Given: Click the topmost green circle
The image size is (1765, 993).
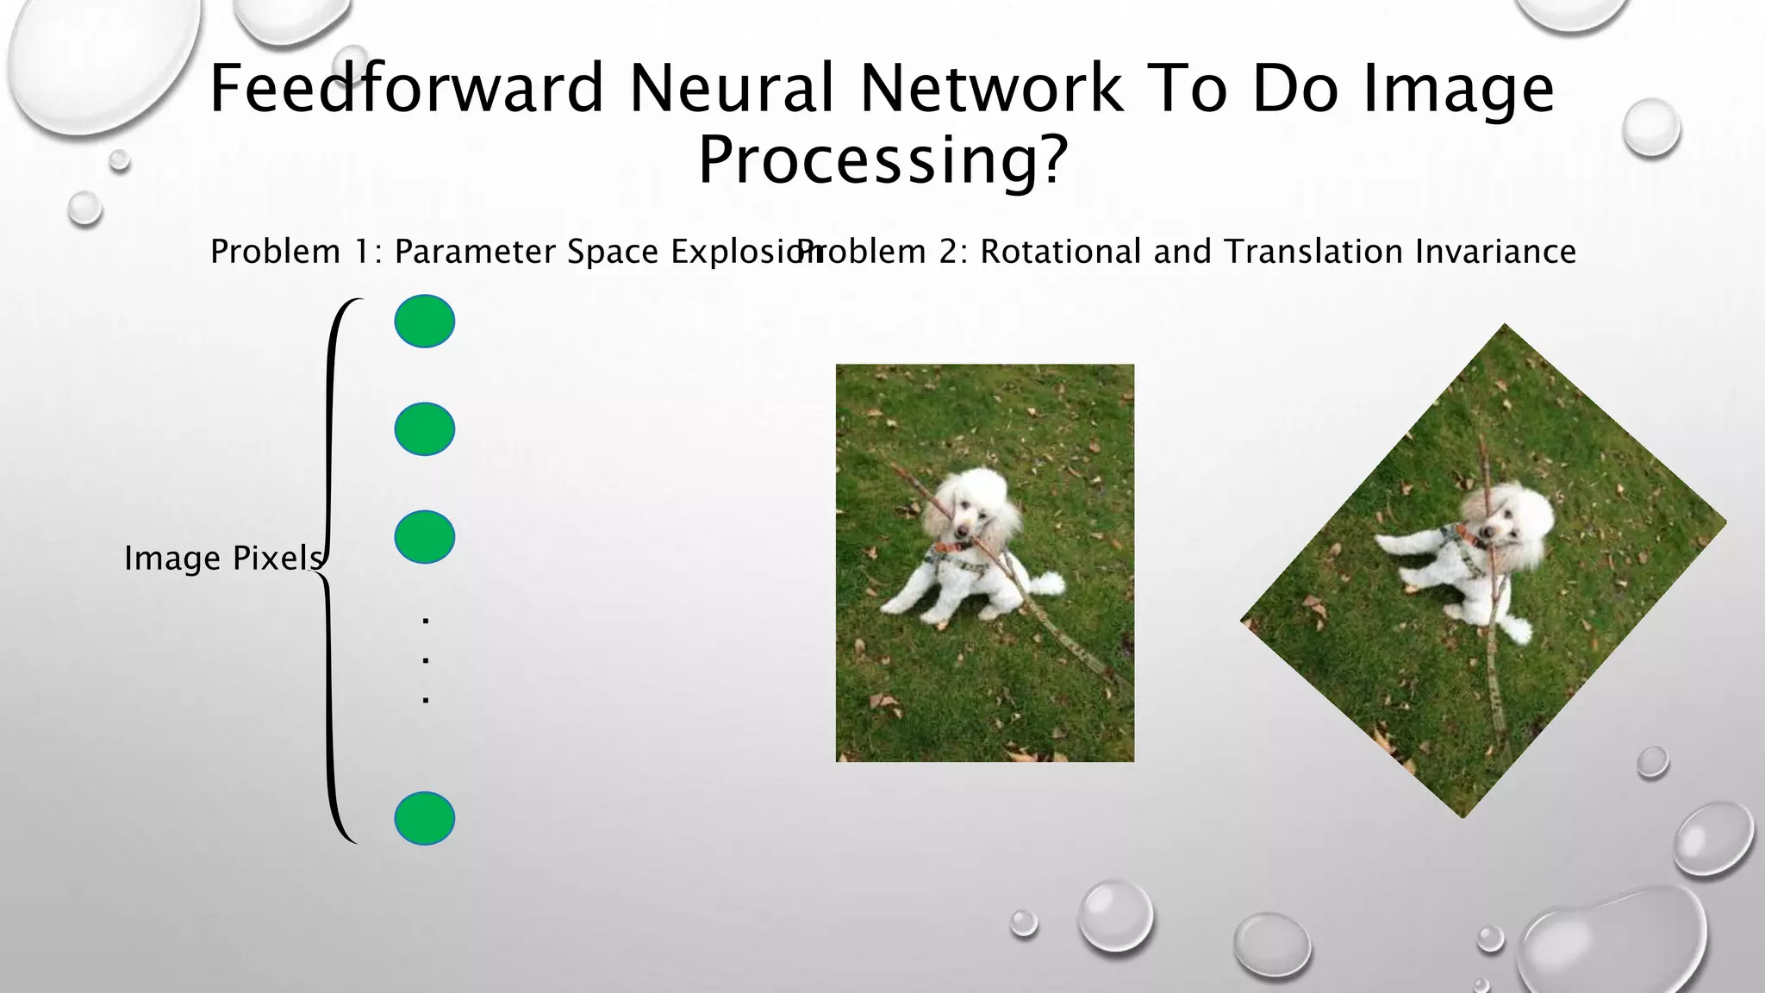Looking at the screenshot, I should pyautogui.click(x=425, y=322).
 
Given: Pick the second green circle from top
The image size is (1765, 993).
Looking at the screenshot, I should pyautogui.click(x=425, y=429).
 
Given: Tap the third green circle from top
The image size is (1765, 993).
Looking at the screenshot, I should pyautogui.click(x=425, y=537).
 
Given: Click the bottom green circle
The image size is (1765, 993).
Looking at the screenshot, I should pyautogui.click(x=425, y=818).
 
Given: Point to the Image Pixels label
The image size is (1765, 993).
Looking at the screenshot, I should pyautogui.click(x=222, y=559).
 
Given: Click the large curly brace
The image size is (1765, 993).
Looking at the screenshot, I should pyautogui.click(x=331, y=569).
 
